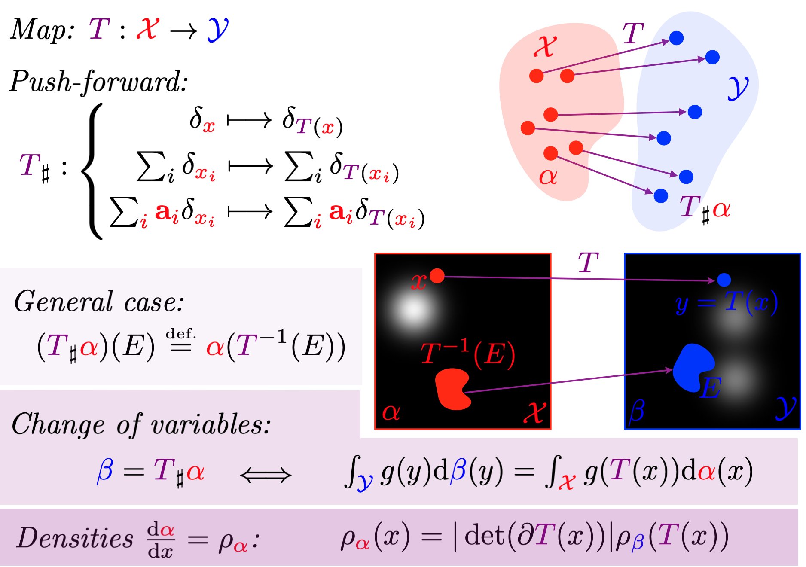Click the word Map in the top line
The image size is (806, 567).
click(x=41, y=30)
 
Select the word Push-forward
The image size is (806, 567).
click(x=99, y=82)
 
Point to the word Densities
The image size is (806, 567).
click(x=75, y=538)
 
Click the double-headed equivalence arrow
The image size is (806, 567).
click(x=266, y=475)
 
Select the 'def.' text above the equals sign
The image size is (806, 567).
click(x=180, y=334)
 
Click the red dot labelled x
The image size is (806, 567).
click(x=437, y=276)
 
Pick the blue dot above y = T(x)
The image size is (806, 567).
click(x=724, y=280)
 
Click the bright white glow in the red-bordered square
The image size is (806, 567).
click(x=414, y=309)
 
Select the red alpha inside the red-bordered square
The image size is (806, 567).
click(x=391, y=413)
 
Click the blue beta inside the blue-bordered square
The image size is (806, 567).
click(x=637, y=412)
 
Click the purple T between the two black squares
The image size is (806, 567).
click(x=588, y=262)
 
